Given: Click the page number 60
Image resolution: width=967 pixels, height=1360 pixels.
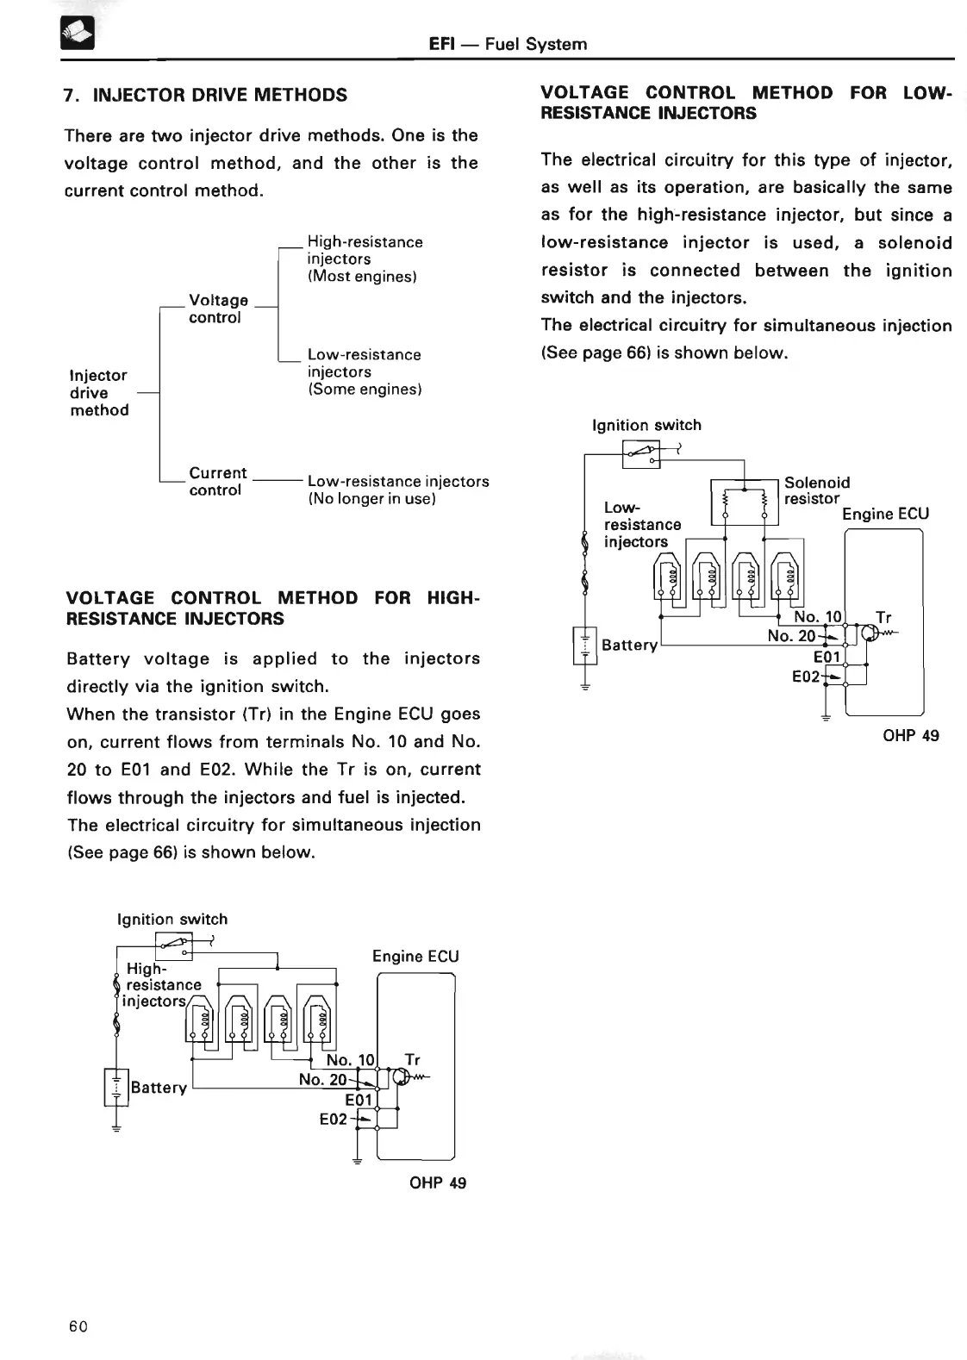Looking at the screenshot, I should pyautogui.click(x=78, y=1326).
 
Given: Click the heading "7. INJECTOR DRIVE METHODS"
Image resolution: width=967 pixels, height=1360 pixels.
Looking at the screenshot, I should pyautogui.click(x=206, y=95).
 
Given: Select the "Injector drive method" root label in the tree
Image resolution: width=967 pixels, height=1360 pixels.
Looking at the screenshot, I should pyautogui.click(x=99, y=393).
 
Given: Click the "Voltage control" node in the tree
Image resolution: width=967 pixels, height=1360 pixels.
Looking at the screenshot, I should pyautogui.click(x=218, y=309).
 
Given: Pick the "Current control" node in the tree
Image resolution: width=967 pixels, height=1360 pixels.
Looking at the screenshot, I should pyautogui.click(x=218, y=481).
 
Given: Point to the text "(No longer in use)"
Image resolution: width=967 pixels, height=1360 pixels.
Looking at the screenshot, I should pyautogui.click(x=371, y=499).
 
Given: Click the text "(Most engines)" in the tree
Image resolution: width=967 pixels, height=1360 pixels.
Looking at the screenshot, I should pyautogui.click(x=362, y=277).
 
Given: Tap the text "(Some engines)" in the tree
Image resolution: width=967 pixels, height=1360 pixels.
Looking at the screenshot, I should pyautogui.click(x=365, y=390).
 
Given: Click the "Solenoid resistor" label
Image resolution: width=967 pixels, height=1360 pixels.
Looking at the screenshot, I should pyautogui.click(x=816, y=490).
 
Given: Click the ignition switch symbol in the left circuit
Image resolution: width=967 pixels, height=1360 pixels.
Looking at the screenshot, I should pyautogui.click(x=175, y=945).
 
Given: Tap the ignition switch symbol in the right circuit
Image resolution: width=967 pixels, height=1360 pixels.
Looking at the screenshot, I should pyautogui.click(x=641, y=452).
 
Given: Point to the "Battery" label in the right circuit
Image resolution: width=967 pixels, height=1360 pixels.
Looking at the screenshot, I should pyautogui.click(x=629, y=645).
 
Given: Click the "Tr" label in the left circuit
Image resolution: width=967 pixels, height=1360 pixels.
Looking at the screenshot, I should pyautogui.click(x=412, y=1060).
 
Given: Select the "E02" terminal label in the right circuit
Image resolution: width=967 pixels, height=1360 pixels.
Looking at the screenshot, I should pyautogui.click(x=806, y=677).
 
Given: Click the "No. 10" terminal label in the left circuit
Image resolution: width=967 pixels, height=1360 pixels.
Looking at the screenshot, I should pyautogui.click(x=351, y=1060).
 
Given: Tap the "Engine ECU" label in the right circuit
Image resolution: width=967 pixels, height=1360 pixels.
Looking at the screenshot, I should pyautogui.click(x=885, y=514).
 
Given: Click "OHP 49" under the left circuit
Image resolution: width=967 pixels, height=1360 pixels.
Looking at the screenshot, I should pyautogui.click(x=438, y=1182).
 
